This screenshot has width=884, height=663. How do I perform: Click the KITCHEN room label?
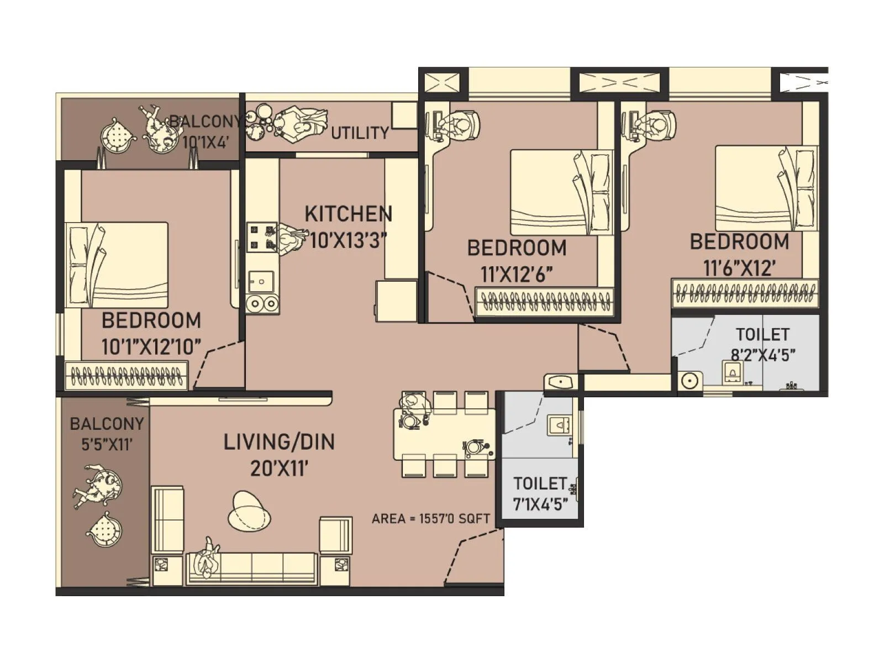tap(348, 214)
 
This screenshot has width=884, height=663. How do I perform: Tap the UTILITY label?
tap(360, 133)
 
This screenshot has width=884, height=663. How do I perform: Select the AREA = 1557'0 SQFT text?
tap(430, 519)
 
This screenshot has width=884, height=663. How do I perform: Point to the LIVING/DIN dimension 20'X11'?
tap(279, 469)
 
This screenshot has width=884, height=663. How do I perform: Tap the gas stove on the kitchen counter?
tap(261, 237)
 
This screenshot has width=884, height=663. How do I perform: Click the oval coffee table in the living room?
tap(249, 511)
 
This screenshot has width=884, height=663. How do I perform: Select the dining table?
tap(445, 434)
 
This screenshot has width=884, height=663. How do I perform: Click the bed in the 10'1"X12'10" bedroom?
tap(117, 265)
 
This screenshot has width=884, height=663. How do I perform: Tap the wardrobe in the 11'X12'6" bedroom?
tap(545, 302)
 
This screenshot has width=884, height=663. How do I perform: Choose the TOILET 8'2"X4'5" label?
tap(762, 344)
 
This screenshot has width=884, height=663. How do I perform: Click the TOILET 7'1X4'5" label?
tap(540, 493)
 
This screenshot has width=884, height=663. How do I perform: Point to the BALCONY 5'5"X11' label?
tap(107, 434)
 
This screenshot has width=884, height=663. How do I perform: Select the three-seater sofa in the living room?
tap(252, 567)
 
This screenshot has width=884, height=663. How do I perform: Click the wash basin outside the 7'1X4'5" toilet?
tap(560, 382)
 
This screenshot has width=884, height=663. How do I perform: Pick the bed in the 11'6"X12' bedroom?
tap(765, 188)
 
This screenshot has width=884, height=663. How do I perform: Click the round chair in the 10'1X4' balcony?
tap(118, 135)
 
